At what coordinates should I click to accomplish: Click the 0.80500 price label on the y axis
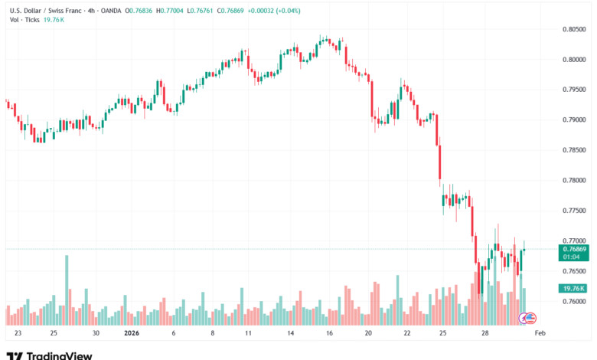[x=574, y=29]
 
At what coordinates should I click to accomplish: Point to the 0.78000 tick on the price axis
[x=574, y=181]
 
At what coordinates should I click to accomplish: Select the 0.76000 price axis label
[x=574, y=302]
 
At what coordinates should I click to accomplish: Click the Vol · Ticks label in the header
[x=24, y=19]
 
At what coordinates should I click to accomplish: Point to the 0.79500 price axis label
[x=574, y=90]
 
